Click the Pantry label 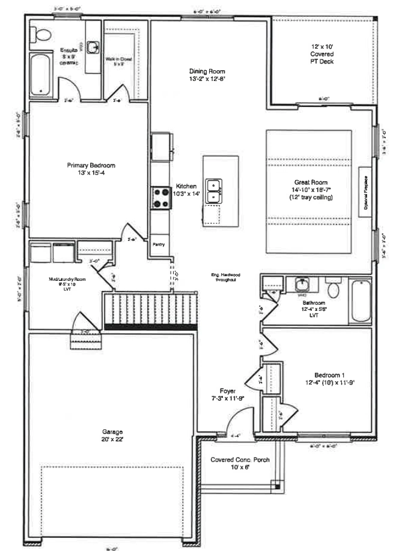pos(159,244)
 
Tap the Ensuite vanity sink pos(93,47)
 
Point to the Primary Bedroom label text pos(91,166)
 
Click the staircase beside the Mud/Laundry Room pos(150,307)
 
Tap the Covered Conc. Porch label pos(239,460)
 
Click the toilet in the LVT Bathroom pos(333,289)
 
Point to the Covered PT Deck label pos(323,53)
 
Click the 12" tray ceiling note pos(311,197)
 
